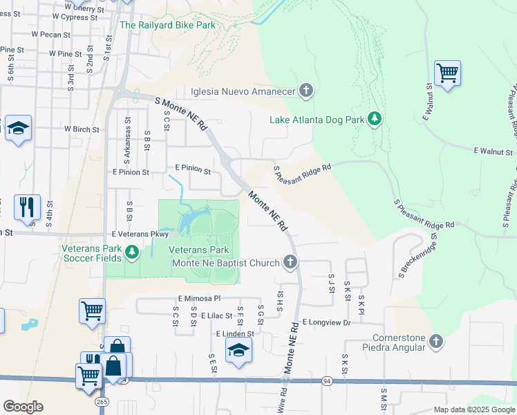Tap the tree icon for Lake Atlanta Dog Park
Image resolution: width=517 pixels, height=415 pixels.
point(375,120)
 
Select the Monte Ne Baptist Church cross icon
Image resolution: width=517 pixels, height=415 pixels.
point(291,262)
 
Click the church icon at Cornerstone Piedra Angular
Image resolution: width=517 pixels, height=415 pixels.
point(435,341)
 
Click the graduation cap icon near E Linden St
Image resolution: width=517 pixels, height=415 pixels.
point(238,349)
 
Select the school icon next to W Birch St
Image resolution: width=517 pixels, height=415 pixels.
point(18,128)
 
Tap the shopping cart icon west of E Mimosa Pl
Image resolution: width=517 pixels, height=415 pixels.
point(92,310)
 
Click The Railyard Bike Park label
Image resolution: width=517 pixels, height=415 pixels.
point(167,26)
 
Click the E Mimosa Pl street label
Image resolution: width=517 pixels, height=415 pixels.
point(198,298)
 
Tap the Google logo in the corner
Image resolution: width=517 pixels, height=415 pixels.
point(23,407)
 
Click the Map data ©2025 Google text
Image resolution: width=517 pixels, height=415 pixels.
point(474,409)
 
